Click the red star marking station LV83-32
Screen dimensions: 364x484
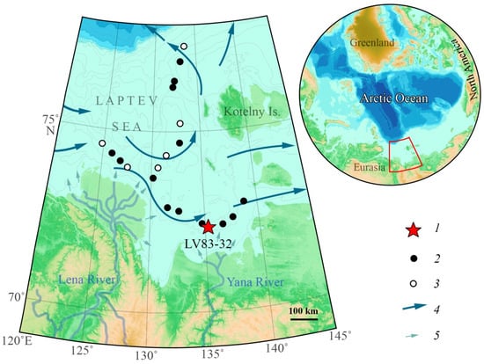[x=208, y=227]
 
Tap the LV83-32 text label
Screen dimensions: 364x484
[x=209, y=244]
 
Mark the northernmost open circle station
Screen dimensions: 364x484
[x=183, y=46]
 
